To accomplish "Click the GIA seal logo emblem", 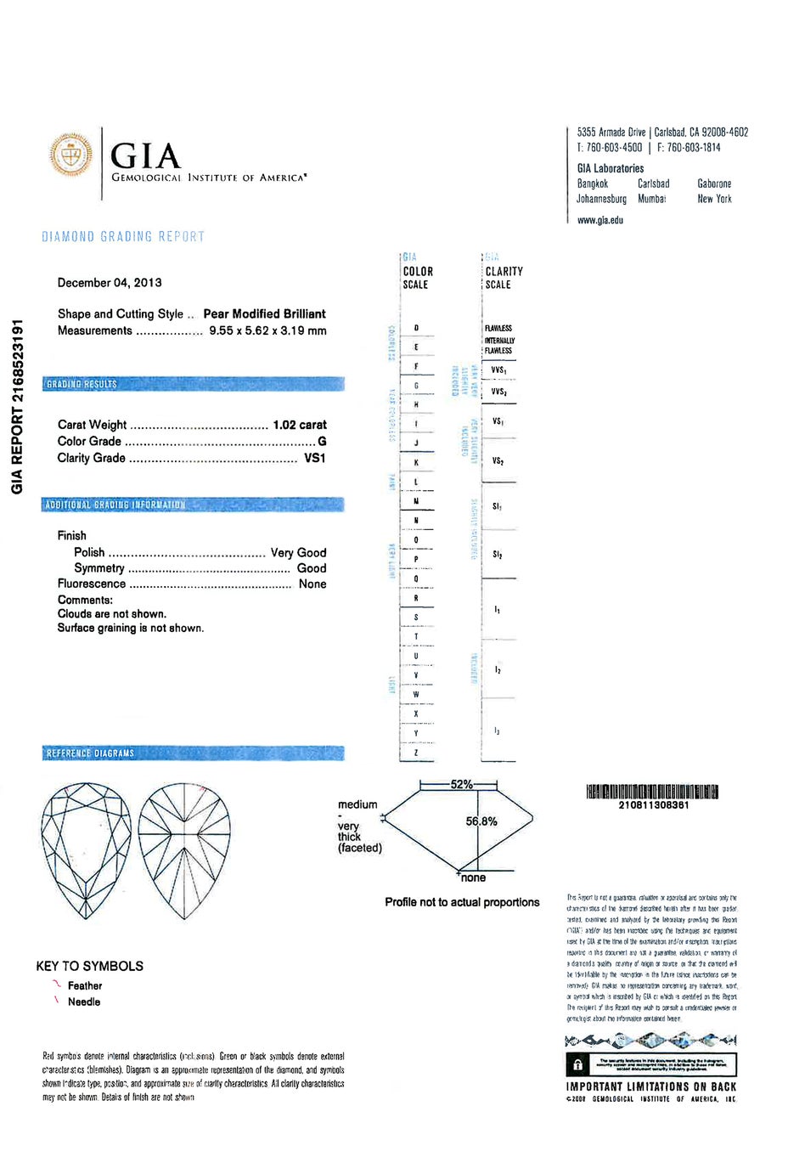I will [x=70, y=155].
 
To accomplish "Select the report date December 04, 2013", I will [x=110, y=283].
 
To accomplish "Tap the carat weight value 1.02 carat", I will [x=300, y=425].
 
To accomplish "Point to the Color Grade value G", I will [x=322, y=442].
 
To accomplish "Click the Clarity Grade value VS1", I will [x=314, y=458].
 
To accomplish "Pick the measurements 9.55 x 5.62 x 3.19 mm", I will [x=267, y=331].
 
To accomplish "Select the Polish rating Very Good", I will [x=298, y=552].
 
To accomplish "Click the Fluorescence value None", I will [x=312, y=584].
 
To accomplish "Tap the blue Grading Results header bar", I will [x=194, y=384].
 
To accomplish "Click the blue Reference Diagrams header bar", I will [x=194, y=753].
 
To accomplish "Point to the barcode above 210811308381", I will [x=652, y=792].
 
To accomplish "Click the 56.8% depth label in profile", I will [x=481, y=821].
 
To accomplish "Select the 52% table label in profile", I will [x=461, y=784].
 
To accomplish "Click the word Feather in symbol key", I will [x=85, y=986].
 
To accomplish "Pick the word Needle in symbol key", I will [x=84, y=1002].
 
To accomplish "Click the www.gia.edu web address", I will [x=600, y=220].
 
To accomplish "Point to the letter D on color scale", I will [x=416, y=328].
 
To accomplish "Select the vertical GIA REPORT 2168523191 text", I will [x=17, y=407].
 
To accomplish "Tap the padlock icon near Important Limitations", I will [x=578, y=1064].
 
